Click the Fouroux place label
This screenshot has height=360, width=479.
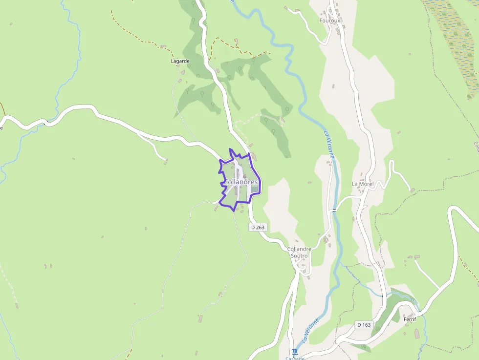pyautogui.click(x=329, y=21)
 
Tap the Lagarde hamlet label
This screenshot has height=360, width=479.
pyautogui.click(x=180, y=61)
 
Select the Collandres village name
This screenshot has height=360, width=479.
pyautogui.click(x=240, y=182)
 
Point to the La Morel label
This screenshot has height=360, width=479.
pyautogui.click(x=363, y=184)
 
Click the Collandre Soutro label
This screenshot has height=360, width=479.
pyautogui.click(x=299, y=252)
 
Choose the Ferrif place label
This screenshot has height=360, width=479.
pyautogui.click(x=410, y=319)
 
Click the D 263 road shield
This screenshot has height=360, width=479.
pyautogui.click(x=257, y=227)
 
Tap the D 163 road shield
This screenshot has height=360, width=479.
pyautogui.click(x=364, y=325)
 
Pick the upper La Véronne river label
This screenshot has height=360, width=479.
pyautogui.click(x=330, y=144)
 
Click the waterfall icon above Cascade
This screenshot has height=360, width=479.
pyautogui.click(x=294, y=351)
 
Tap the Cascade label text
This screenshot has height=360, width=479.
pyautogui.click(x=295, y=358)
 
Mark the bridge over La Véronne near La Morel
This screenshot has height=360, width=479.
pyautogui.click(x=334, y=210)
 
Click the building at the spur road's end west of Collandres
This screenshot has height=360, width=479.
pyautogui.click(x=166, y=160)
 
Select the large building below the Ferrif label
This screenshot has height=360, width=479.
pyautogui.click(x=417, y=334)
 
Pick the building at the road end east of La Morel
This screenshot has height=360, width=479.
pyautogui.click(x=413, y=190)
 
